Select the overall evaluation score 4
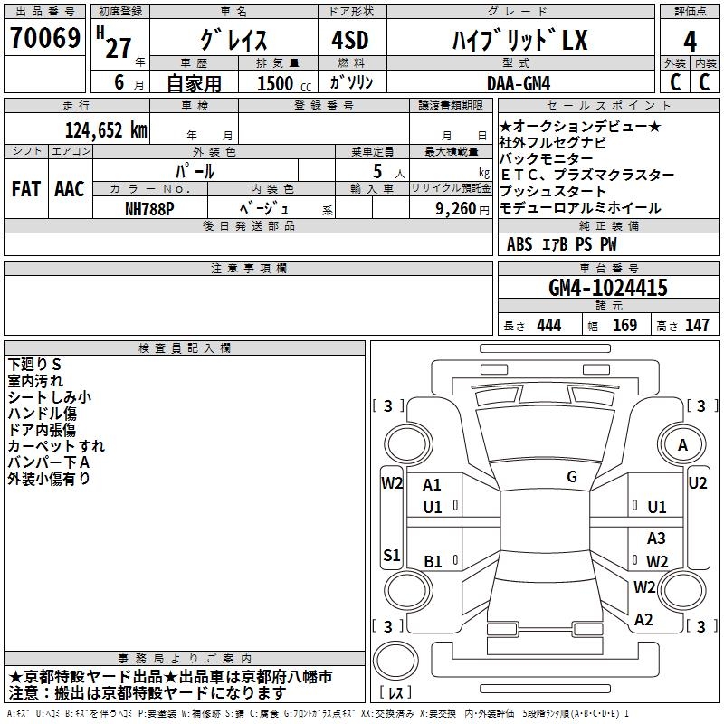coord(690,41)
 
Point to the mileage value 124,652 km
coord(106,129)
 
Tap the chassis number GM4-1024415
coord(608,288)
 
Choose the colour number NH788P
coord(150,207)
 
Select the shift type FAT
coord(26,189)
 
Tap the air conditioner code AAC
coord(70,189)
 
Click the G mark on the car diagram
coord(572,476)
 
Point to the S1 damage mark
coord(392,556)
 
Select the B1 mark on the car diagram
coord(433,561)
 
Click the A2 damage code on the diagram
coord(644,620)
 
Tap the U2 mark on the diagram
coord(697,483)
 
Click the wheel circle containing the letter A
coord(682,445)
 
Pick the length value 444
coord(548,326)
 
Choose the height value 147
coord(697,326)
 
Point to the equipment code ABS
coord(519,243)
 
